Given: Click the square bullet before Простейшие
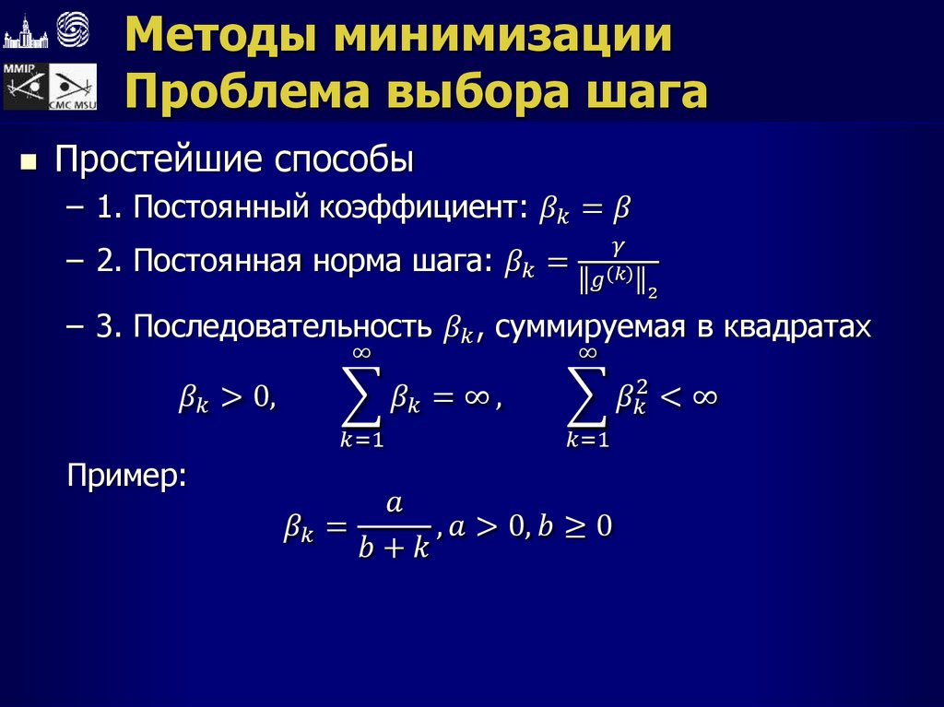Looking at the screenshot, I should pos(29,163).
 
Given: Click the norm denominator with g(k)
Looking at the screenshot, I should pos(619,279).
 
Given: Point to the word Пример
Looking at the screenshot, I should pos(127,476).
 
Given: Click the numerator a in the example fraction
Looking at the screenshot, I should pos(394,503).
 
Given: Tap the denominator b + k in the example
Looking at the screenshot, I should pos(394,548).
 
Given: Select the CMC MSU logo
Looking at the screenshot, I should pos(72,90).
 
